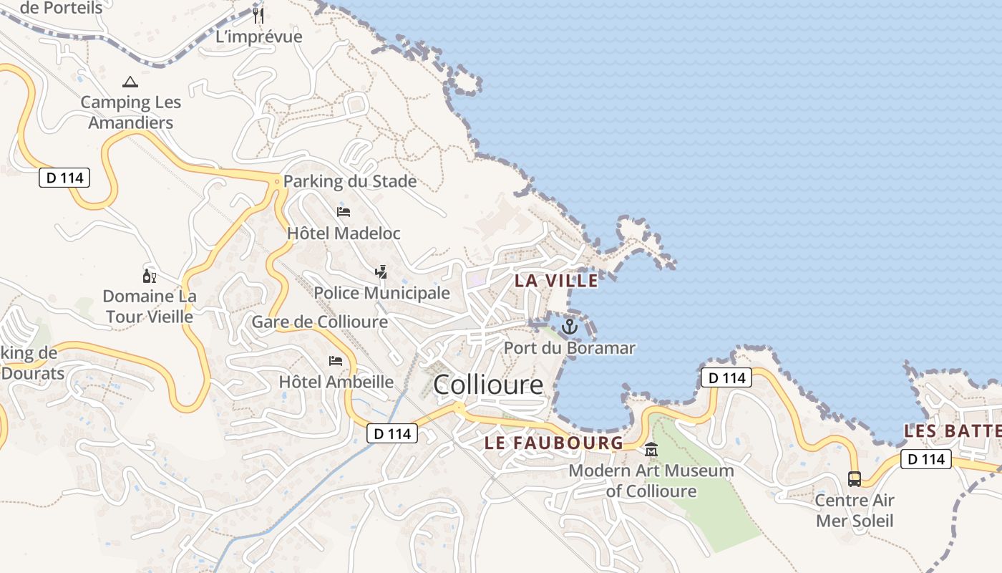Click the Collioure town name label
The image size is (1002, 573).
click(x=488, y=385)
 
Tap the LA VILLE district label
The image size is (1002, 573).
click(x=556, y=281)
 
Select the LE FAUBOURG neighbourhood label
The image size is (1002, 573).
click(x=554, y=443)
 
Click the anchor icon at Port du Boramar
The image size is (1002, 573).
click(x=569, y=327)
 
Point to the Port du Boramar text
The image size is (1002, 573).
click(x=570, y=348)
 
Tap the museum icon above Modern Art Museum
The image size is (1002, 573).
click(x=651, y=450)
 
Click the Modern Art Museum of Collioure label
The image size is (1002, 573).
click(x=651, y=481)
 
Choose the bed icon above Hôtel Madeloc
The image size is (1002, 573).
click(x=344, y=212)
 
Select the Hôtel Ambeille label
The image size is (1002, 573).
click(x=336, y=382)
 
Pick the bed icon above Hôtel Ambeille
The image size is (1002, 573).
click(x=336, y=360)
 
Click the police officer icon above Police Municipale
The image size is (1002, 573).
click(x=381, y=271)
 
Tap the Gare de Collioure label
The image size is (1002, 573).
click(x=319, y=322)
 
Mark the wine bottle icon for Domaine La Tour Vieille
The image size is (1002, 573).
click(x=149, y=276)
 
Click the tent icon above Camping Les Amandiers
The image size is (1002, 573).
click(x=130, y=82)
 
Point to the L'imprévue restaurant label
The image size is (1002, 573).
click(x=259, y=37)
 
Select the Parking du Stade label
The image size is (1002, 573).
click(x=350, y=181)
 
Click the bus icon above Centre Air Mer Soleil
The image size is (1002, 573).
click(x=855, y=478)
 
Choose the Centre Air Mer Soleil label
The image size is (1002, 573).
click(x=855, y=510)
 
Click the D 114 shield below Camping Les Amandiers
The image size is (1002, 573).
click(x=64, y=178)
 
